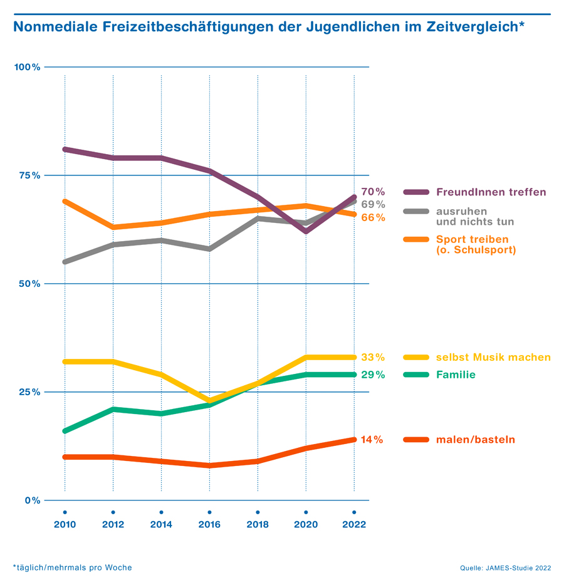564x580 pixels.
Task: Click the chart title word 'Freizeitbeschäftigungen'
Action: [192, 27]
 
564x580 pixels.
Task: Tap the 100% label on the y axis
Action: [28, 67]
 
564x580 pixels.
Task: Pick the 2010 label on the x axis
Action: [65, 525]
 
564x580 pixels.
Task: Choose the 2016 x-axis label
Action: [209, 525]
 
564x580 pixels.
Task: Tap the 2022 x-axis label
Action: [354, 525]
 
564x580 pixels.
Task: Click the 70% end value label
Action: [373, 192]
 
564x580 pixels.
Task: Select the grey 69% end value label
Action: [373, 204]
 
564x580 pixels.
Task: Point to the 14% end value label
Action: [372, 440]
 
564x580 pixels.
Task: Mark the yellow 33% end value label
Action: [372, 358]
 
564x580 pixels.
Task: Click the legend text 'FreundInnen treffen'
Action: [491, 192]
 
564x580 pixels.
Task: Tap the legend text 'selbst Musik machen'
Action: [493, 358]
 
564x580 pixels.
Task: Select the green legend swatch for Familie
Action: [415, 375]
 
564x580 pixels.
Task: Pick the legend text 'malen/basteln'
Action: [475, 440]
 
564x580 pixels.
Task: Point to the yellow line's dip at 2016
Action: [209, 400]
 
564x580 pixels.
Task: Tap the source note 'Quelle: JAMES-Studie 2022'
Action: [505, 568]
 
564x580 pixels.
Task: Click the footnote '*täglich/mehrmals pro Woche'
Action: [73, 567]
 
